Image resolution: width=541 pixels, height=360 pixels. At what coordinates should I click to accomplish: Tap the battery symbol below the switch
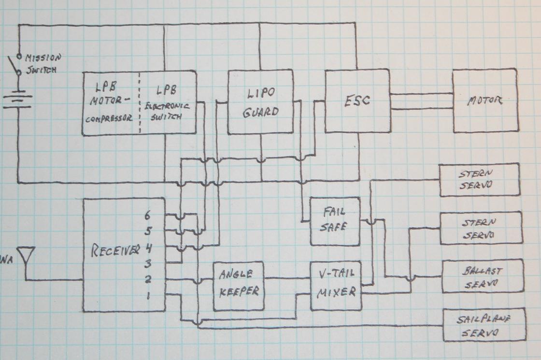click(x=18, y=99)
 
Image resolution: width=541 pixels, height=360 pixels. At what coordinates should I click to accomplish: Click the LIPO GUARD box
click(x=260, y=101)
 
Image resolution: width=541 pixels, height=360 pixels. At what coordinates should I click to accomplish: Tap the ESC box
click(x=357, y=101)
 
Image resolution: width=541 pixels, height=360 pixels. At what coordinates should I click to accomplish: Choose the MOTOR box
click(x=485, y=101)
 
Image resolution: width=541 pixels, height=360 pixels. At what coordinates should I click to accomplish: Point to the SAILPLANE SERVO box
click(x=484, y=325)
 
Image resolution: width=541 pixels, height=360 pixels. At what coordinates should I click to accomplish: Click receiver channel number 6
click(x=148, y=214)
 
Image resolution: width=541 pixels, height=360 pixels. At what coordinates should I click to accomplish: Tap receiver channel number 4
click(x=149, y=248)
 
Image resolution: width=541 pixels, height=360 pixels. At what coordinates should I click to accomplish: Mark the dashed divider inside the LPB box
click(x=140, y=102)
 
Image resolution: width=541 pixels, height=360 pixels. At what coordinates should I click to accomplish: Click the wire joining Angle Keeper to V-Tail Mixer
click(x=287, y=278)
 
